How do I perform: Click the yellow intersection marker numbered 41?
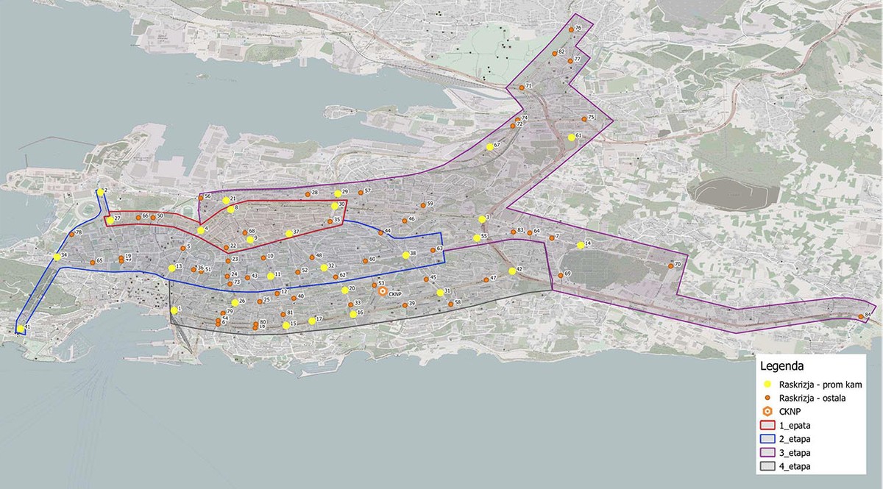click(21, 329)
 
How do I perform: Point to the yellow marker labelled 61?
click(571, 137)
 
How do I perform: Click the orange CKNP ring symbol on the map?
click(383, 291)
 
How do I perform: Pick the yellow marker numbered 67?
click(489, 147)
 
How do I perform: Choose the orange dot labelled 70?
click(670, 265)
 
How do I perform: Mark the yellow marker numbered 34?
click(57, 257)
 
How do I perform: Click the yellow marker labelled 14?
click(581, 244)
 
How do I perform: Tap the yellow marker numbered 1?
click(173, 310)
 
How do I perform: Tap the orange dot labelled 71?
click(522, 87)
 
